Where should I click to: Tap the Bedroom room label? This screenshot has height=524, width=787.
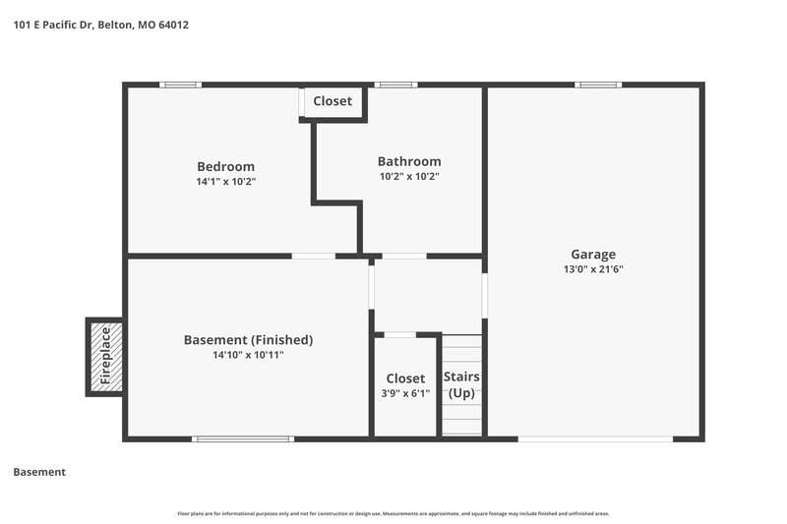(225, 166)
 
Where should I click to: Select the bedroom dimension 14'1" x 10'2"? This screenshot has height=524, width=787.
(225, 182)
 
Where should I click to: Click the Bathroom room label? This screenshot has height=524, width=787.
(409, 161)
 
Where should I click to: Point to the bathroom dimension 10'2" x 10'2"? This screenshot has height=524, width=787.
(409, 177)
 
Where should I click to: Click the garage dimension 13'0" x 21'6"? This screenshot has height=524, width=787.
(593, 269)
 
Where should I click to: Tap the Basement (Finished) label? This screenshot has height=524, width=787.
(248, 340)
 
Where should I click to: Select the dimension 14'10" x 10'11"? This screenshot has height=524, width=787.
(248, 356)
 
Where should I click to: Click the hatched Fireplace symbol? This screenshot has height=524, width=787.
(104, 355)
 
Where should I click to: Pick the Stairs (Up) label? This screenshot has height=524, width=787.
(461, 384)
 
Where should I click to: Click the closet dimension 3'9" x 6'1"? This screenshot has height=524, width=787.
(405, 393)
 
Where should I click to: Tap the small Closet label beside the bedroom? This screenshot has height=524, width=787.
(333, 101)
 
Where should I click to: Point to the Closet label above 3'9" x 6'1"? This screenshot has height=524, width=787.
(405, 378)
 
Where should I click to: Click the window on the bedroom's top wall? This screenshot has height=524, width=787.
(181, 85)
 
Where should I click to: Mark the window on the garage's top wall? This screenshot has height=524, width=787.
(598, 85)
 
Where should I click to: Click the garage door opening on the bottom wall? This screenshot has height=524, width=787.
(595, 438)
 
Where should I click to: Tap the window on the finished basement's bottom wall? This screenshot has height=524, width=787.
(243, 438)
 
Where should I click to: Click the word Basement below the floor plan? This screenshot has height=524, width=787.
(39, 472)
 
